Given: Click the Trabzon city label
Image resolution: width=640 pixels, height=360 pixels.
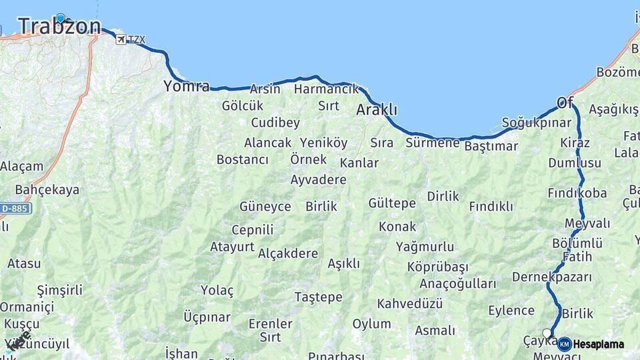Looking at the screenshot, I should point(59,27).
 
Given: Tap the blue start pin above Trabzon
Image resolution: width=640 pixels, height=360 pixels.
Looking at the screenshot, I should point(61,18).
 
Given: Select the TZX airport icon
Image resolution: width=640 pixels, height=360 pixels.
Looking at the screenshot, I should point(120,39).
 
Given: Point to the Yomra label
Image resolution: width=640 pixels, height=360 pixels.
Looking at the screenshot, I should point(186,86).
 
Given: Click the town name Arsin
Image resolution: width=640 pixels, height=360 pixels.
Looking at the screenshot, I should point(265,89).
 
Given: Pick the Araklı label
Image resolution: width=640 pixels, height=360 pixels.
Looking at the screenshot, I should point(377,109).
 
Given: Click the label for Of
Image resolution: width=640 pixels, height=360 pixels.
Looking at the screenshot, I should point(565,102).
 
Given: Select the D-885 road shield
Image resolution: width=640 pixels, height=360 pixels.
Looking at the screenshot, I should point(15,209).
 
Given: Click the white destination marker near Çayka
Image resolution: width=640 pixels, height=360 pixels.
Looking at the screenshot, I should point(547,333).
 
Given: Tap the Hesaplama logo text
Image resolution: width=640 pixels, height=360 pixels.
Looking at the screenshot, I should point(598,345).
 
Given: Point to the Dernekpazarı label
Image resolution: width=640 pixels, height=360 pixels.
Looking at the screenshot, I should point(552,277).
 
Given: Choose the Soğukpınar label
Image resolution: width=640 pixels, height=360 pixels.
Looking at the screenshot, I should point(536,123).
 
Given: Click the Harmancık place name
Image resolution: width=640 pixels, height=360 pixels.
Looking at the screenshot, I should point(326,89).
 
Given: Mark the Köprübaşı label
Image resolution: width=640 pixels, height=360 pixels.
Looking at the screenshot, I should point(437,267).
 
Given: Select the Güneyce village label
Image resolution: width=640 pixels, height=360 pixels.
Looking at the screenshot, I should point(265,207).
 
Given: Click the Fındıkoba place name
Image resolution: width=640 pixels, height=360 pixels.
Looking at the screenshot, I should point(577,193).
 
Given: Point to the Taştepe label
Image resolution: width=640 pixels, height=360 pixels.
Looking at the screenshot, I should point(318,297).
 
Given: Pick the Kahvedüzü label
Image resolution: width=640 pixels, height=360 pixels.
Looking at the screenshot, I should point(410,304).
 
